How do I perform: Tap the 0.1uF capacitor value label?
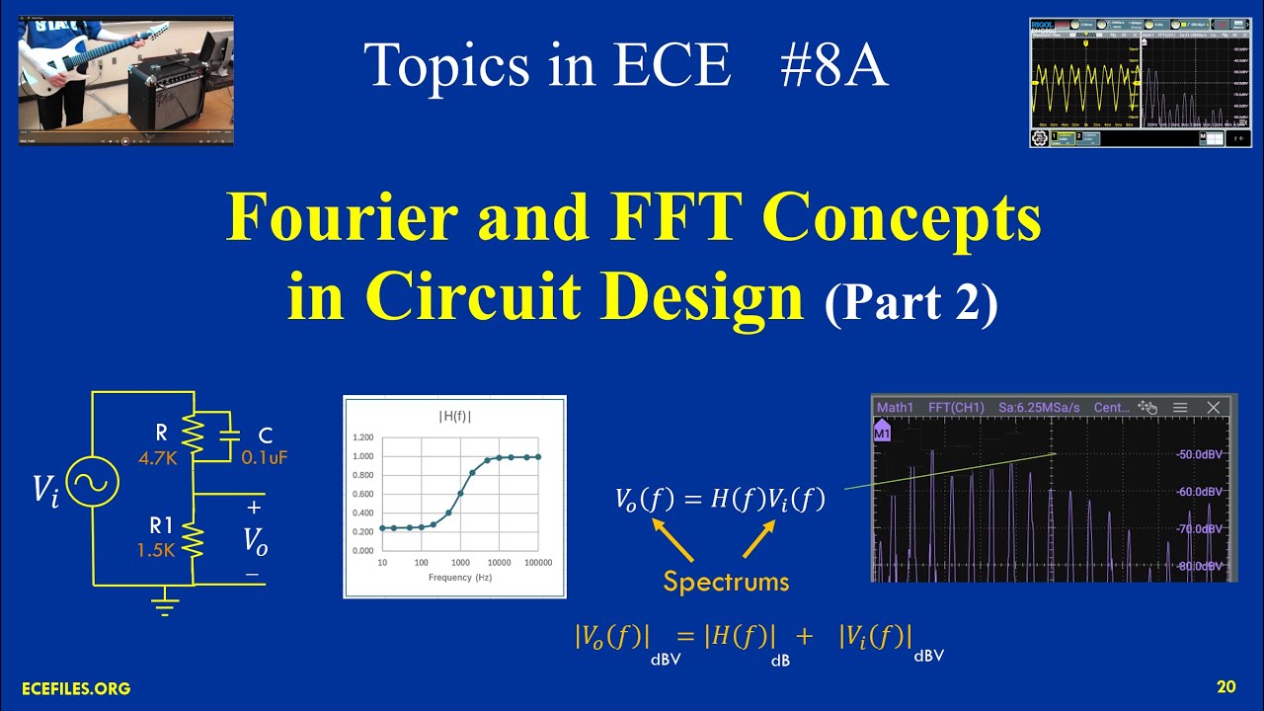point(264,457)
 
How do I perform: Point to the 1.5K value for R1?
point(157,550)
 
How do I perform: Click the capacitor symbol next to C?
point(229,435)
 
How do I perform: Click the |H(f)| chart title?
point(454,417)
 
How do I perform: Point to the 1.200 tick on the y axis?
point(362,437)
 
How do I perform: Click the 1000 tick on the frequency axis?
point(460,562)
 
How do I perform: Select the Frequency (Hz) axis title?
point(460,577)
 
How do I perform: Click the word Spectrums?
point(726,582)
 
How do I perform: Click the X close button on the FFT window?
point(1214,407)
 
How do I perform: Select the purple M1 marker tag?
point(883,432)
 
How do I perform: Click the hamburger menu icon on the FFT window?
point(1180,407)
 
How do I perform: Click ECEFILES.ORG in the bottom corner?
point(76,688)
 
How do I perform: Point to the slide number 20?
point(1225,687)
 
